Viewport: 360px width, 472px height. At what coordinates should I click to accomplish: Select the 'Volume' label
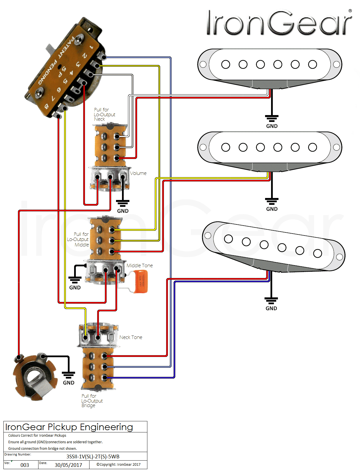tap(138, 173)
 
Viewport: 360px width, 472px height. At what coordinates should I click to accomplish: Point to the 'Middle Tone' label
tap(140, 265)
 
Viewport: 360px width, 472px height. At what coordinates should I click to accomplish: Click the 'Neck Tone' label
tap(131, 337)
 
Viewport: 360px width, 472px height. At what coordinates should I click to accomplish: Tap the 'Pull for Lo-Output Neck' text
tap(104, 115)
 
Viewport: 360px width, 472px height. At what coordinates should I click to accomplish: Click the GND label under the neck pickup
tap(272, 126)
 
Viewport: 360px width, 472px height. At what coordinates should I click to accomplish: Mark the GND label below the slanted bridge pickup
tap(271, 308)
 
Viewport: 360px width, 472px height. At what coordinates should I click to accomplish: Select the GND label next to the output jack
tap(69, 383)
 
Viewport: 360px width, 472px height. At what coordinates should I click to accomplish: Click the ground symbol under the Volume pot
tap(123, 203)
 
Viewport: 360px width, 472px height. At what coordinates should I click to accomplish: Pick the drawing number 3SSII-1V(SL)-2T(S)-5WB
tap(93, 457)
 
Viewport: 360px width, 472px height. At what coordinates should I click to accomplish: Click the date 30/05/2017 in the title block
tap(68, 465)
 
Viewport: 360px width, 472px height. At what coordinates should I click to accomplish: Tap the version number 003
tap(25, 465)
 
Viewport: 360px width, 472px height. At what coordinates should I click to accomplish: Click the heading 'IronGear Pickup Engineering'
tap(69, 427)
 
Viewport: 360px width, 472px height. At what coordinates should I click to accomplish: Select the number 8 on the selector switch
tap(46, 107)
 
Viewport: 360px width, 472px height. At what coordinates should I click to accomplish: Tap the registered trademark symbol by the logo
tap(350, 11)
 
